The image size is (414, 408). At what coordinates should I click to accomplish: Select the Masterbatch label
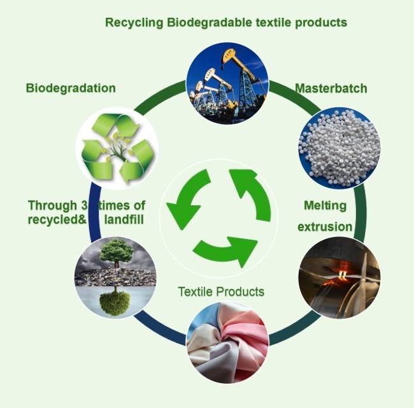pos(331,88)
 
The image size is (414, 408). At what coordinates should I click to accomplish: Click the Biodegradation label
pos(71,88)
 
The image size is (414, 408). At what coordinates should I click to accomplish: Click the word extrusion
pos(325,226)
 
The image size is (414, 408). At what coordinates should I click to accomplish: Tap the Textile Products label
pos(221,292)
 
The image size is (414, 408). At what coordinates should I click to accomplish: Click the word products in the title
pos(324,22)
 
